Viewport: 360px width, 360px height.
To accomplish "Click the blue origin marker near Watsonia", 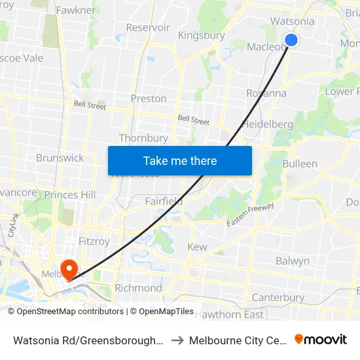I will [291, 41].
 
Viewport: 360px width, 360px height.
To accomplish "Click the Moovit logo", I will [321, 340].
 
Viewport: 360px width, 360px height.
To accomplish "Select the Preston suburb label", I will [149, 99].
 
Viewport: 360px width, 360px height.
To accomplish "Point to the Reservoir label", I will [148, 27].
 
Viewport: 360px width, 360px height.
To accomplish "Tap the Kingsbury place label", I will [201, 35].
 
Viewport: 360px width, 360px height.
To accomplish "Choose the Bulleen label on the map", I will [300, 164].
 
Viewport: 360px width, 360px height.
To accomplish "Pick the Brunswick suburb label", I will [60, 158].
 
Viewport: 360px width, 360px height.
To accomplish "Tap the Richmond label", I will [138, 288].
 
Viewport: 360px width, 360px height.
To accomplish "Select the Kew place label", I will [197, 247].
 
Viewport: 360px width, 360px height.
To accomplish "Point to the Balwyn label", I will [292, 261].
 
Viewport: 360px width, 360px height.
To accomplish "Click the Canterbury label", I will [278, 298].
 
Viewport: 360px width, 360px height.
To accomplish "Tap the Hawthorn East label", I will [228, 315].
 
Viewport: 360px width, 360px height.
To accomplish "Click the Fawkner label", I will [76, 10].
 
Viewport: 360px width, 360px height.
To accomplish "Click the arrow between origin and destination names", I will [177, 340].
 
